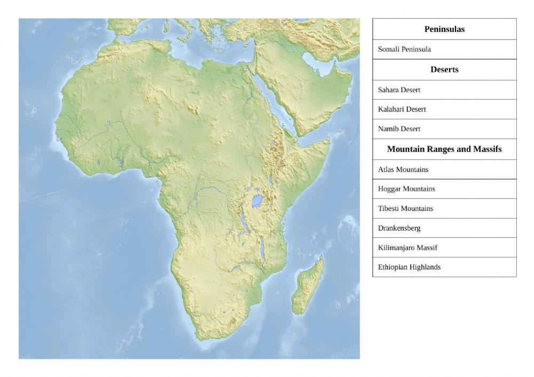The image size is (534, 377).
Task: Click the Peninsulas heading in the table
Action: point(444,29)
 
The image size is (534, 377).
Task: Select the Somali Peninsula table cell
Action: point(404,49)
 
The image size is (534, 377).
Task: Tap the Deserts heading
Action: point(444,69)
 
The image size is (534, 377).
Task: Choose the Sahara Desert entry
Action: point(399,90)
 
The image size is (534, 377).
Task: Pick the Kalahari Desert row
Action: point(402,109)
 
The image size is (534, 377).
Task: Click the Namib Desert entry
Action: point(399,129)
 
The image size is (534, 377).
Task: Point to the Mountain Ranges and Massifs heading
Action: point(444,149)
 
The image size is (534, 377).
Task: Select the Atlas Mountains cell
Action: point(403,170)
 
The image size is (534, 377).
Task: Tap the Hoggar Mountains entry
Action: point(406,189)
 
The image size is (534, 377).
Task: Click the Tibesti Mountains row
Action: point(405,208)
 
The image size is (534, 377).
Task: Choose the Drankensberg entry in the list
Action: point(399,228)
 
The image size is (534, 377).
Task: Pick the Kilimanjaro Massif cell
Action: point(407,247)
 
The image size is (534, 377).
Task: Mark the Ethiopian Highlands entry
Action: point(409,267)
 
